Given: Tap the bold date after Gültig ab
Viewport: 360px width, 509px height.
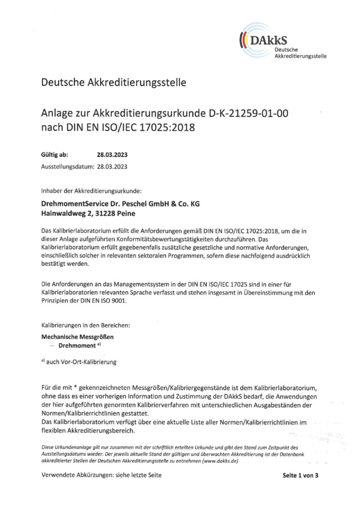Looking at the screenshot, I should pyautogui.click(x=112, y=155).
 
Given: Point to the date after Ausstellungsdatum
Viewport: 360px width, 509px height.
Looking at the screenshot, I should pyautogui.click(x=112, y=167).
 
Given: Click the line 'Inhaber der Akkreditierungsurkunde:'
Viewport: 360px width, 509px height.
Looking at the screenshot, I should pyautogui.click(x=91, y=191).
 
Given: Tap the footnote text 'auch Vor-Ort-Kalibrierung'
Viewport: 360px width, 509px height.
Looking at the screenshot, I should pyautogui.click(x=82, y=362).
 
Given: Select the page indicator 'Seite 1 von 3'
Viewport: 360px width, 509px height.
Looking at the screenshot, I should pyautogui.click(x=300, y=475).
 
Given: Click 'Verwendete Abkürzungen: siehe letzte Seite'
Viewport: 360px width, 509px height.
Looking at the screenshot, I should pyautogui.click(x=101, y=475).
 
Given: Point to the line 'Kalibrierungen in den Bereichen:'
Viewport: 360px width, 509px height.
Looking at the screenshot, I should pyautogui.click(x=85, y=326).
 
